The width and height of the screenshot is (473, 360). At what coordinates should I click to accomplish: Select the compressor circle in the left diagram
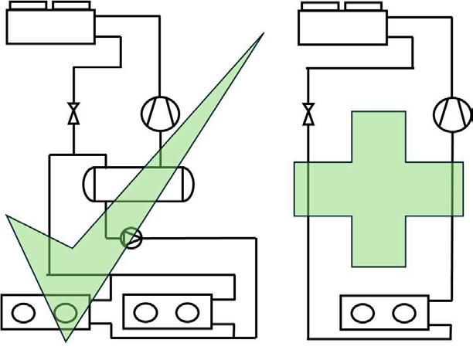pos(160,114)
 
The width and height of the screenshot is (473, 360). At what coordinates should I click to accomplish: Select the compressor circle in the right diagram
pos(453,114)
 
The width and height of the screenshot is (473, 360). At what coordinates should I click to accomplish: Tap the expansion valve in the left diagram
pos(73,113)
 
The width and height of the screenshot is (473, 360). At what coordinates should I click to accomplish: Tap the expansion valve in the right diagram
pos(308,114)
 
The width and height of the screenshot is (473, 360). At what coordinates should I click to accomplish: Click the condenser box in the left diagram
pos(51,28)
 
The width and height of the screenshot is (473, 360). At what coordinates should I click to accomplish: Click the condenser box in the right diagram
pos(343,28)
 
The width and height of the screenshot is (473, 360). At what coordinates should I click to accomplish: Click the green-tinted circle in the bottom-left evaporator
pos(66,313)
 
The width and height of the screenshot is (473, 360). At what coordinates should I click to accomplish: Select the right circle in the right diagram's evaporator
pos(403,313)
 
